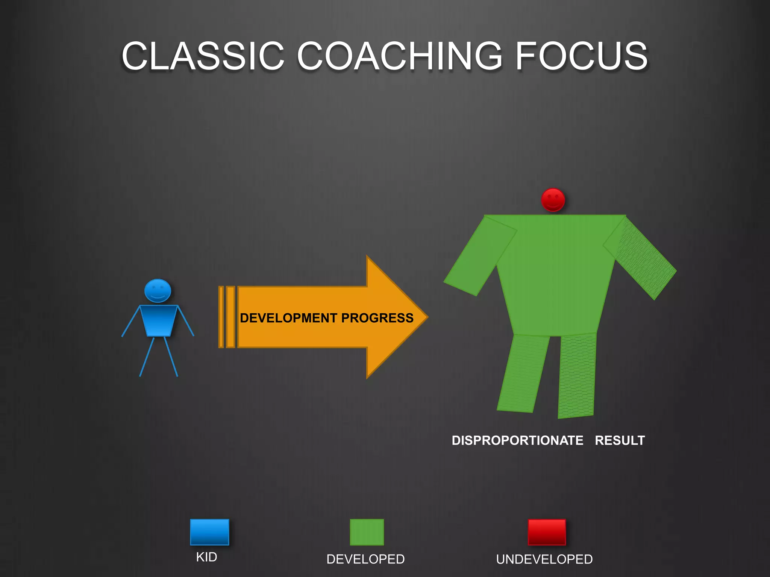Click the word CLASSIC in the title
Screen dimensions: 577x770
(x=203, y=56)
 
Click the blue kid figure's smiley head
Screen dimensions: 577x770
(x=158, y=291)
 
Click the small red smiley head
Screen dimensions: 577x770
(x=553, y=200)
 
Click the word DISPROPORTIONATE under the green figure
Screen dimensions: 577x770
(x=517, y=440)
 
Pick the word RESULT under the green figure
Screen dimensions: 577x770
(x=620, y=440)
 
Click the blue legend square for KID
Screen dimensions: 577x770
(x=209, y=532)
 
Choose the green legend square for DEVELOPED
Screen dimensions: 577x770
(x=367, y=532)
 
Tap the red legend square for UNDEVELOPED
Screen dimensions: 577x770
(x=547, y=532)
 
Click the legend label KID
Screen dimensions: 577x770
(x=206, y=557)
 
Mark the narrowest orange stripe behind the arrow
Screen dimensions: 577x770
(x=221, y=317)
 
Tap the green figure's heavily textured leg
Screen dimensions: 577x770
(x=577, y=376)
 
